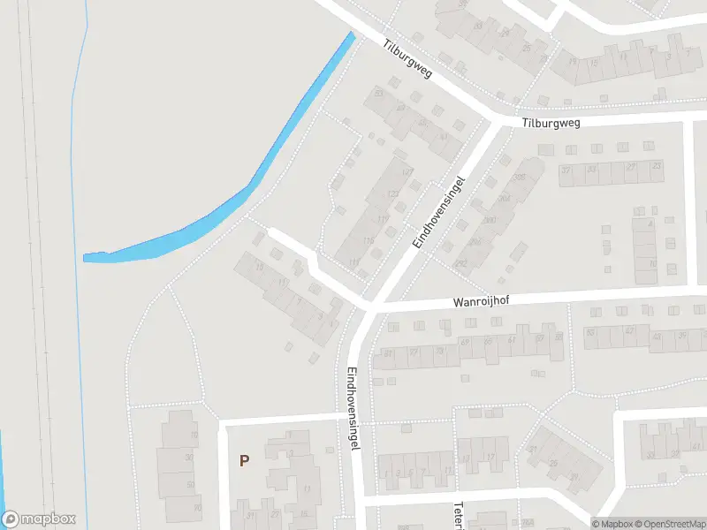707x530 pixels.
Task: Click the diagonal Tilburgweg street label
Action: click(x=407, y=57)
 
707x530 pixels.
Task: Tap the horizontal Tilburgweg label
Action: click(x=551, y=124)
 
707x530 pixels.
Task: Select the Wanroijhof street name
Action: click(x=482, y=301)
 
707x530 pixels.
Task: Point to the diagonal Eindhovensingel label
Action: click(x=438, y=210)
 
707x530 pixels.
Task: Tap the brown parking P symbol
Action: click(x=244, y=460)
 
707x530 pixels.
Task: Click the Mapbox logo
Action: click(x=39, y=519)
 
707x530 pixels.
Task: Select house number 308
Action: click(x=519, y=178)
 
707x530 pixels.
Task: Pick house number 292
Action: click(x=460, y=264)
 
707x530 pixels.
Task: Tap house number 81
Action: click(x=387, y=354)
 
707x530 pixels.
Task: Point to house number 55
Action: click(x=558, y=337)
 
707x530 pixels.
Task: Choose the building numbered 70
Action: click(x=196, y=508)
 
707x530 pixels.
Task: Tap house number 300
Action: click(x=488, y=221)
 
